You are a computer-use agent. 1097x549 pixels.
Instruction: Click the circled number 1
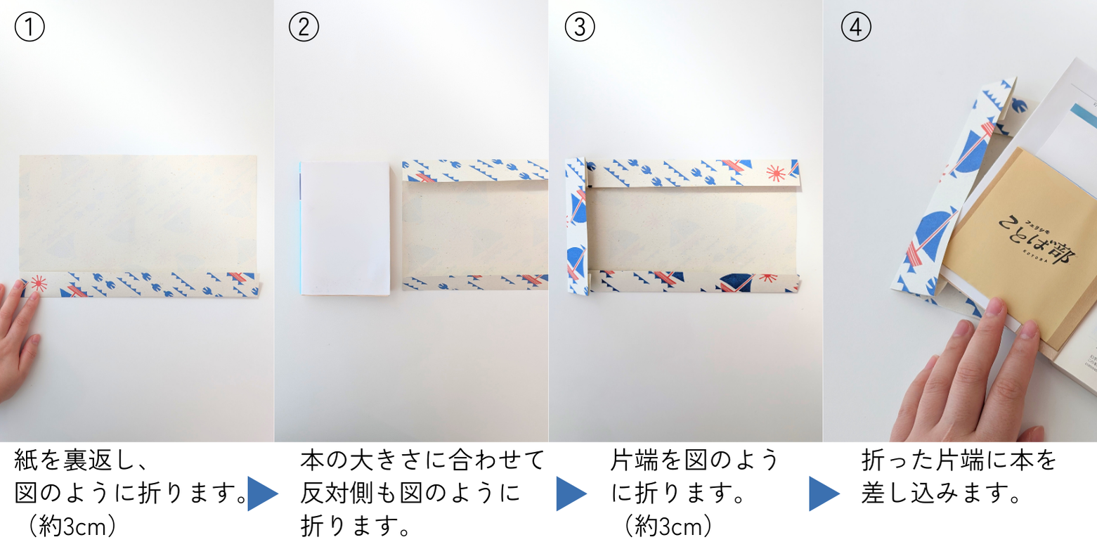tap(30, 27)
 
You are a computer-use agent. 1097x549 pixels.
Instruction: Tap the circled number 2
tap(304, 27)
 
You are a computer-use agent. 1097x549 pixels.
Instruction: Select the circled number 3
tap(580, 27)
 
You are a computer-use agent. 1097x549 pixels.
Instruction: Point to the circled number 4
tap(856, 27)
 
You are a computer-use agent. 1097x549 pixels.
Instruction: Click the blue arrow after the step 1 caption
tap(263, 493)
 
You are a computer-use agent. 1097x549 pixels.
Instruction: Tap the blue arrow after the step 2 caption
tap(571, 493)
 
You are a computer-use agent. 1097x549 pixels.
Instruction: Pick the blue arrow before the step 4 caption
tap(824, 493)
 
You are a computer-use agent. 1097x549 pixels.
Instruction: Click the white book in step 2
tap(345, 228)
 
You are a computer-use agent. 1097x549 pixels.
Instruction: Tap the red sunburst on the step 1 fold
tap(39, 283)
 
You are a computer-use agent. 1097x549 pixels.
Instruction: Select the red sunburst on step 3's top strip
tap(776, 173)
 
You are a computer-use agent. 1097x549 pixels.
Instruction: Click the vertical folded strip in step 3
tap(577, 226)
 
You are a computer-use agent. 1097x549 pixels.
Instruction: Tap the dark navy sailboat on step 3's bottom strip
tap(736, 283)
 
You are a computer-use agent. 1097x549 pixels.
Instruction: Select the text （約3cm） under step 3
tap(668, 527)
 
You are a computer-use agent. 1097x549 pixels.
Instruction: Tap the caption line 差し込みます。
tap(940, 493)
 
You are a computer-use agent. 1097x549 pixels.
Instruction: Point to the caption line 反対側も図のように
tap(410, 493)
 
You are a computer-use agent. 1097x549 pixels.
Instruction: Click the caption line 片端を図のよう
tap(694, 460)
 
